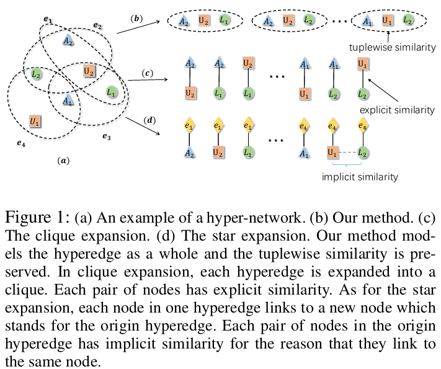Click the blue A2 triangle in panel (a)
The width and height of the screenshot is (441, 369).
pyautogui.click(x=68, y=40)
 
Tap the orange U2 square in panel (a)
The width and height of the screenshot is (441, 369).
pyautogui.click(x=89, y=71)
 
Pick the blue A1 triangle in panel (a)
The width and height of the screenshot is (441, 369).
pyautogui.click(x=68, y=99)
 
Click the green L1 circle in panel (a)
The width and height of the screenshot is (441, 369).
pyautogui.click(x=112, y=92)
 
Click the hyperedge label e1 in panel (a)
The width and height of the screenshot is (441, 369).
pyautogui.click(x=48, y=19)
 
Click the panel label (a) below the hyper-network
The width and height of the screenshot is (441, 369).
pyautogui.click(x=63, y=161)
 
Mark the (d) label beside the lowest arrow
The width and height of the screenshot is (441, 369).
pyautogui.click(x=149, y=119)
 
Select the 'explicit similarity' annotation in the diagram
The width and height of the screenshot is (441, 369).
pyautogui.click(x=397, y=110)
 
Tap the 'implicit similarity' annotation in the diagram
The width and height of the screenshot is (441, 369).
pyautogui.click(x=360, y=177)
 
